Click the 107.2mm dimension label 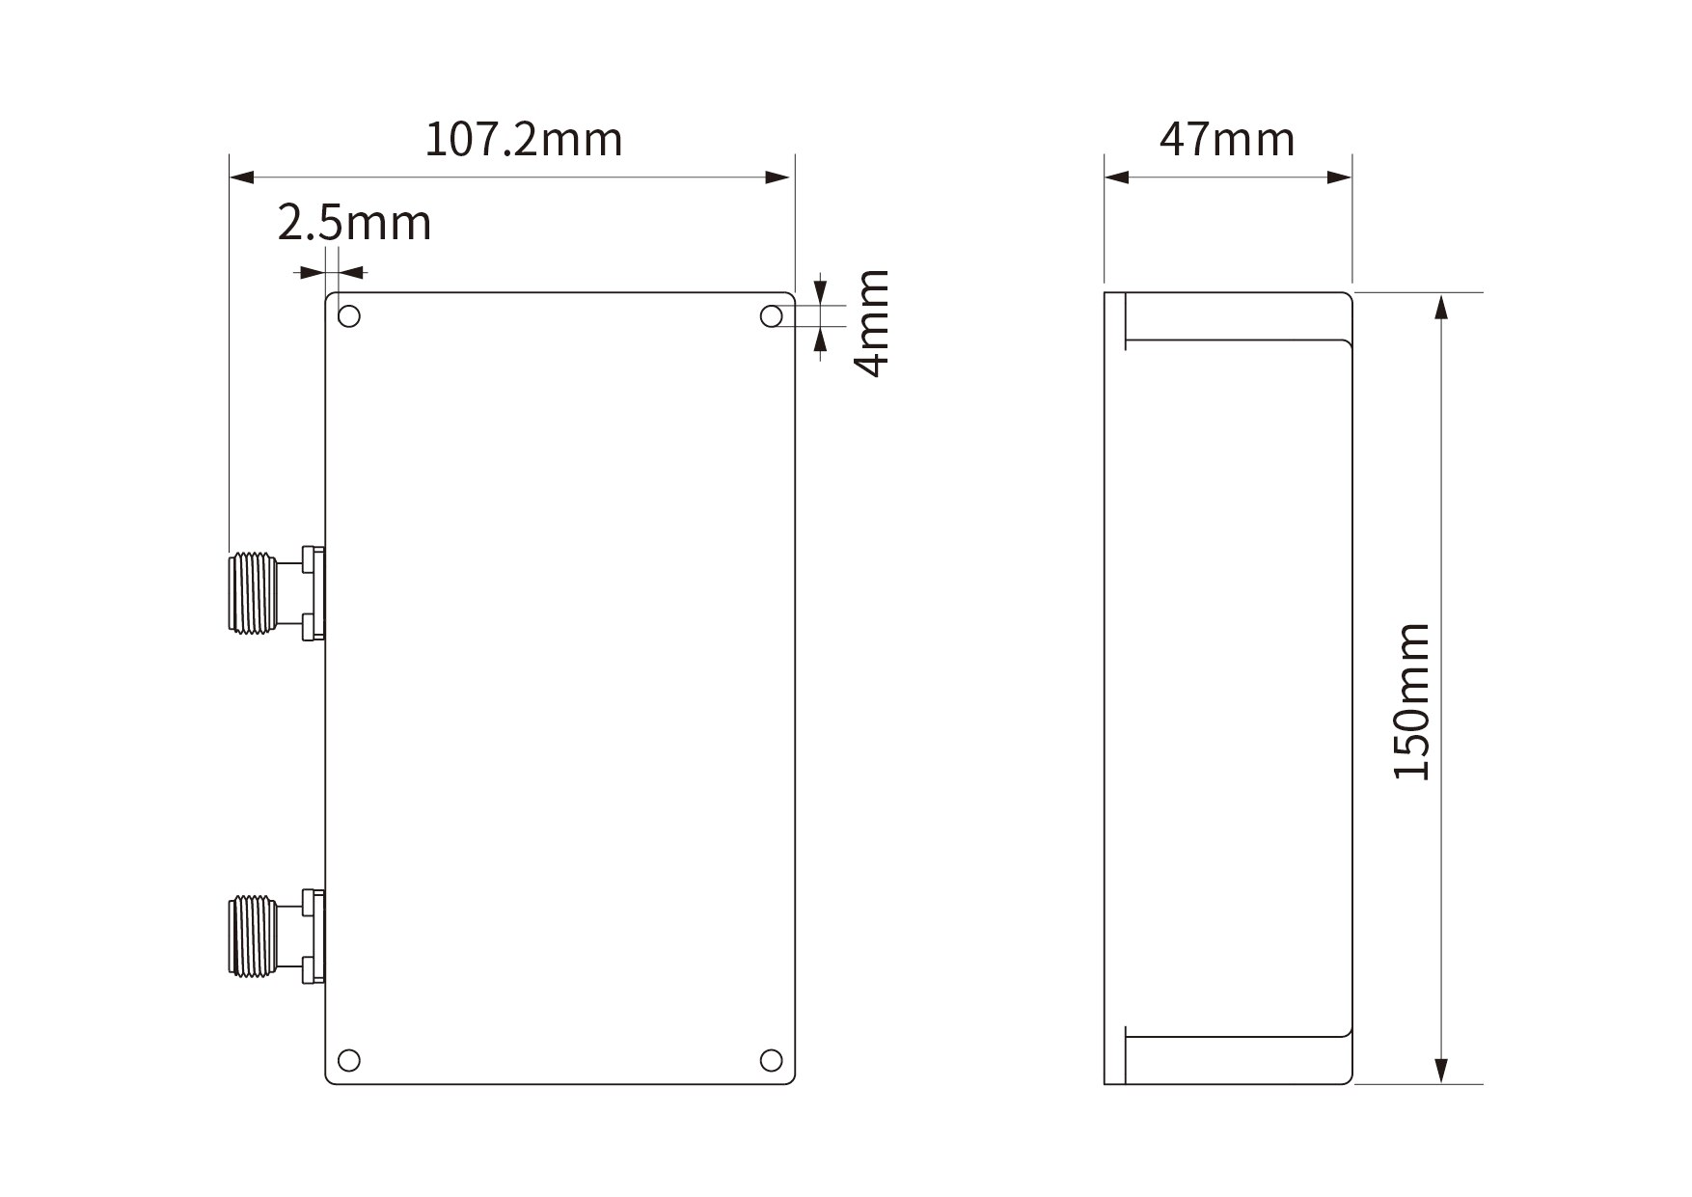coord(524,140)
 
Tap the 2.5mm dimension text coord(354,224)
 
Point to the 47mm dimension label coord(1227,140)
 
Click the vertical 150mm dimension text coord(1412,701)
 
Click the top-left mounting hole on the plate coord(350,316)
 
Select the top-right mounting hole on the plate coord(771,316)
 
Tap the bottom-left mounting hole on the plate coord(350,1061)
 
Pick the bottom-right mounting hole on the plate coord(771,1061)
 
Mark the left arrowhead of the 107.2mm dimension coord(241,177)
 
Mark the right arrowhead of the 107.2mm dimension coord(778,177)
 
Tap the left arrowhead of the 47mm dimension coord(1117,177)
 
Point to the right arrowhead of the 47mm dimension coord(1340,177)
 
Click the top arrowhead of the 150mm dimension coord(1441,307)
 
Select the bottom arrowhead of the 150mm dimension coord(1441,1071)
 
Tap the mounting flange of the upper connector coord(311,592)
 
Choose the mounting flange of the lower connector coord(311,936)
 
